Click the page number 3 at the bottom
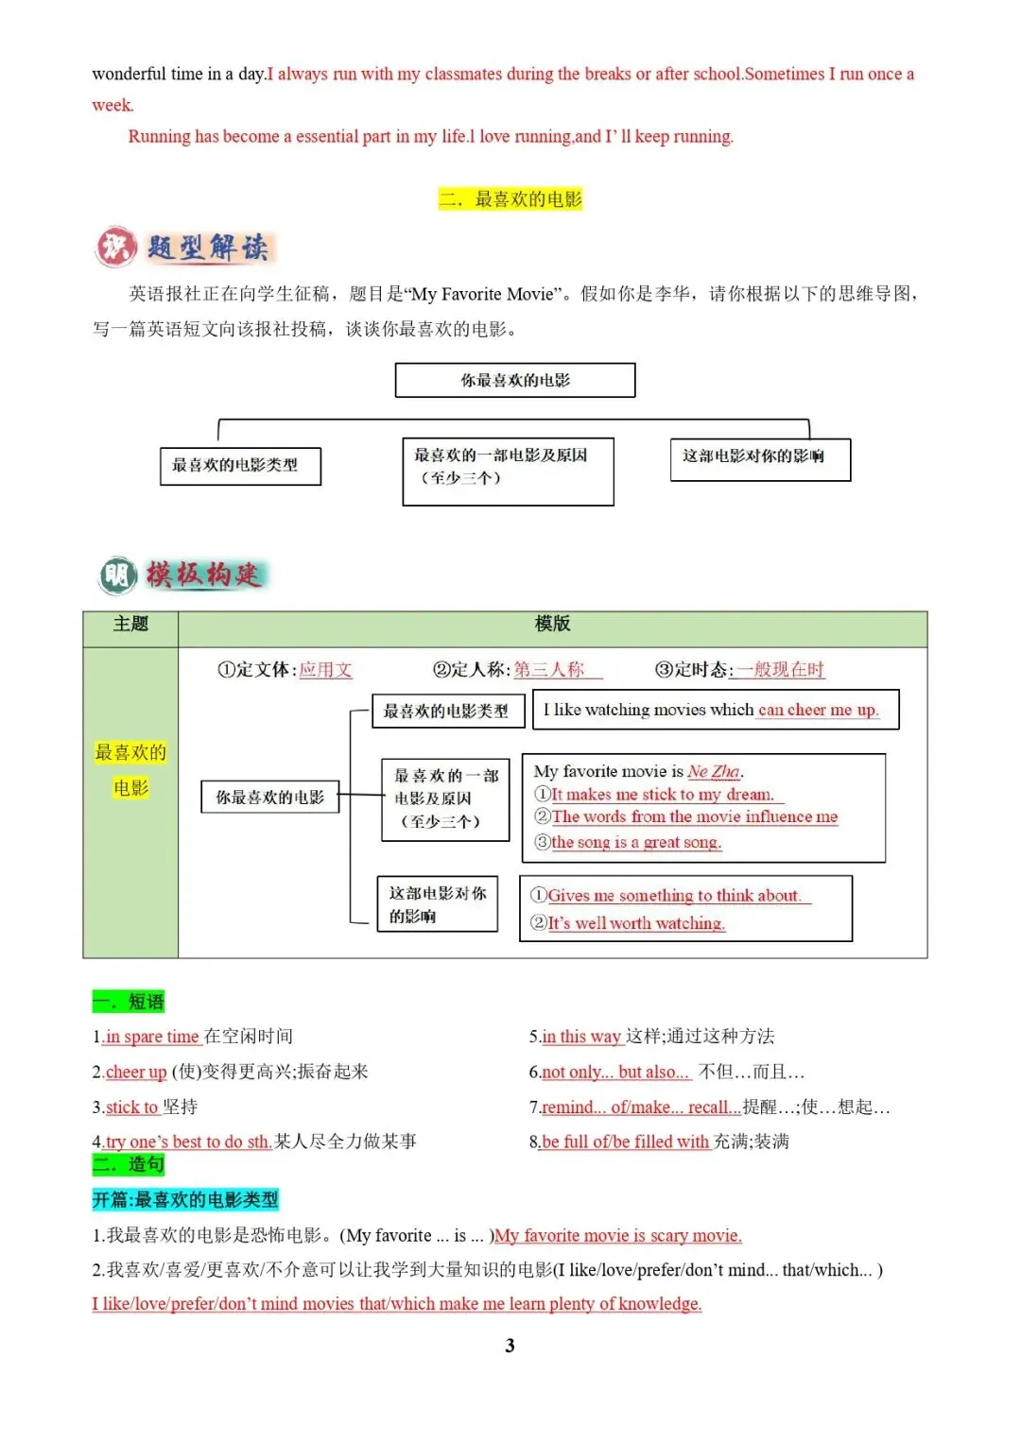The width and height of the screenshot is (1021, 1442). [x=510, y=1346]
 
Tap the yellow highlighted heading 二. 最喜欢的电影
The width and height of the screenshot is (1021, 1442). [x=510, y=199]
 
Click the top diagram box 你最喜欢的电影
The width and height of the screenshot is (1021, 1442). [x=515, y=380]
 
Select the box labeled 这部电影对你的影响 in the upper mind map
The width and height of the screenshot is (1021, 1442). [x=760, y=458]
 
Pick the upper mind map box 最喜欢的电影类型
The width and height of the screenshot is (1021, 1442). [x=240, y=466]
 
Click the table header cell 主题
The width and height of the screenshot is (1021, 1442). [x=130, y=625]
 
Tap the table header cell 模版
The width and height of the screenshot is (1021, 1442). [x=552, y=625]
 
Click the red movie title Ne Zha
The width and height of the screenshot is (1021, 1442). [x=714, y=772]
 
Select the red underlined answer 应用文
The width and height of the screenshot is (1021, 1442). [x=325, y=670]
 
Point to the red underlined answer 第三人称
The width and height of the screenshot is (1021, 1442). [x=549, y=670]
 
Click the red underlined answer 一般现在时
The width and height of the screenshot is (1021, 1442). [x=780, y=670]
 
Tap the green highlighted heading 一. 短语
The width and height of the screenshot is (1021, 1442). [x=129, y=1002]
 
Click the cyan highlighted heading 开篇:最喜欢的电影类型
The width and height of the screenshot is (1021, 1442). [x=185, y=1200]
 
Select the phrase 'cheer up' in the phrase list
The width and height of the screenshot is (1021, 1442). [x=136, y=1072]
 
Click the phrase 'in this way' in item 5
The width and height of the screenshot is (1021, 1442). [x=581, y=1037]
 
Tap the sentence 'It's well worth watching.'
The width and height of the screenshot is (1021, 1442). [x=636, y=923]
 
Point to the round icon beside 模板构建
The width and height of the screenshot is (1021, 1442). [x=118, y=575]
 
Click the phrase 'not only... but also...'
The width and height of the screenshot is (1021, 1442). [x=615, y=1072]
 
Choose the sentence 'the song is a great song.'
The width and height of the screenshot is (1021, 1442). [x=636, y=842]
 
